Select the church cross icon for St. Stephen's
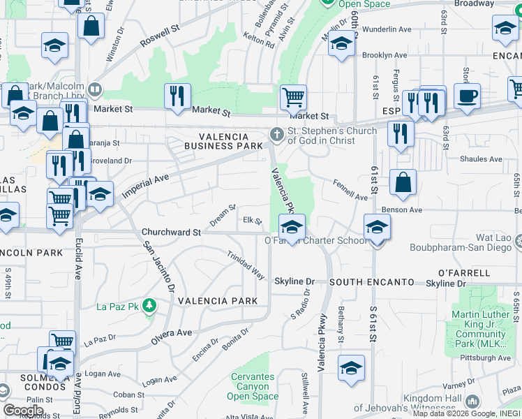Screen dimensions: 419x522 277,135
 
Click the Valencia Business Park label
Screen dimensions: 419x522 223,141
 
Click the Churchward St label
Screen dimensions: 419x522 171,232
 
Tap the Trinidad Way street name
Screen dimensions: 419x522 246,265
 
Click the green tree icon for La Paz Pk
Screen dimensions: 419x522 148,306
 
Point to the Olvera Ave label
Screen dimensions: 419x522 172,336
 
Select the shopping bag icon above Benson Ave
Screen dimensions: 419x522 403,184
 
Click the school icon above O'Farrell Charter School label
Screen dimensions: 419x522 292,226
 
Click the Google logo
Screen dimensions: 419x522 24,410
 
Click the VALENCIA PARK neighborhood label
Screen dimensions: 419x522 213,301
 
